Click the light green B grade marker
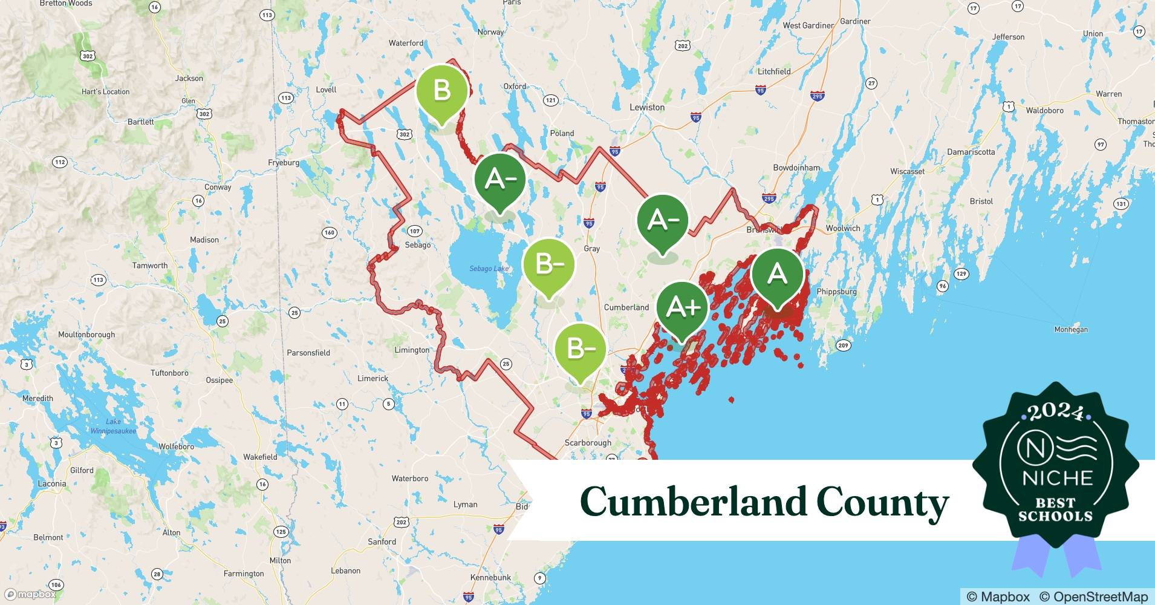pyautogui.click(x=442, y=91)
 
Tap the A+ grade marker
pyautogui.click(x=682, y=308)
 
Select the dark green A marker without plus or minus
pyautogui.click(x=777, y=275)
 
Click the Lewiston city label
pyautogui.click(x=647, y=107)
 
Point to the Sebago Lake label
pyautogui.click(x=489, y=268)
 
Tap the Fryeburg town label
pyautogui.click(x=284, y=162)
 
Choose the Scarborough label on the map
pyautogui.click(x=588, y=442)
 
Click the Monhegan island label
pyautogui.click(x=1071, y=329)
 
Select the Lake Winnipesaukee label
pyautogui.click(x=113, y=426)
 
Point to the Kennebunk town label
pyautogui.click(x=491, y=577)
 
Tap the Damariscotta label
pyautogui.click(x=971, y=152)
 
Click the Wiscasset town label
pyautogui.click(x=907, y=171)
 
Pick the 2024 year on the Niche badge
pyautogui.click(x=1056, y=413)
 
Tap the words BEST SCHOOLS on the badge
pyautogui.click(x=1055, y=509)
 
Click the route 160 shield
pyautogui.click(x=330, y=232)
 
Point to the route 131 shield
pyautogui.click(x=1121, y=203)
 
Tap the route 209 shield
pyautogui.click(x=843, y=345)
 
